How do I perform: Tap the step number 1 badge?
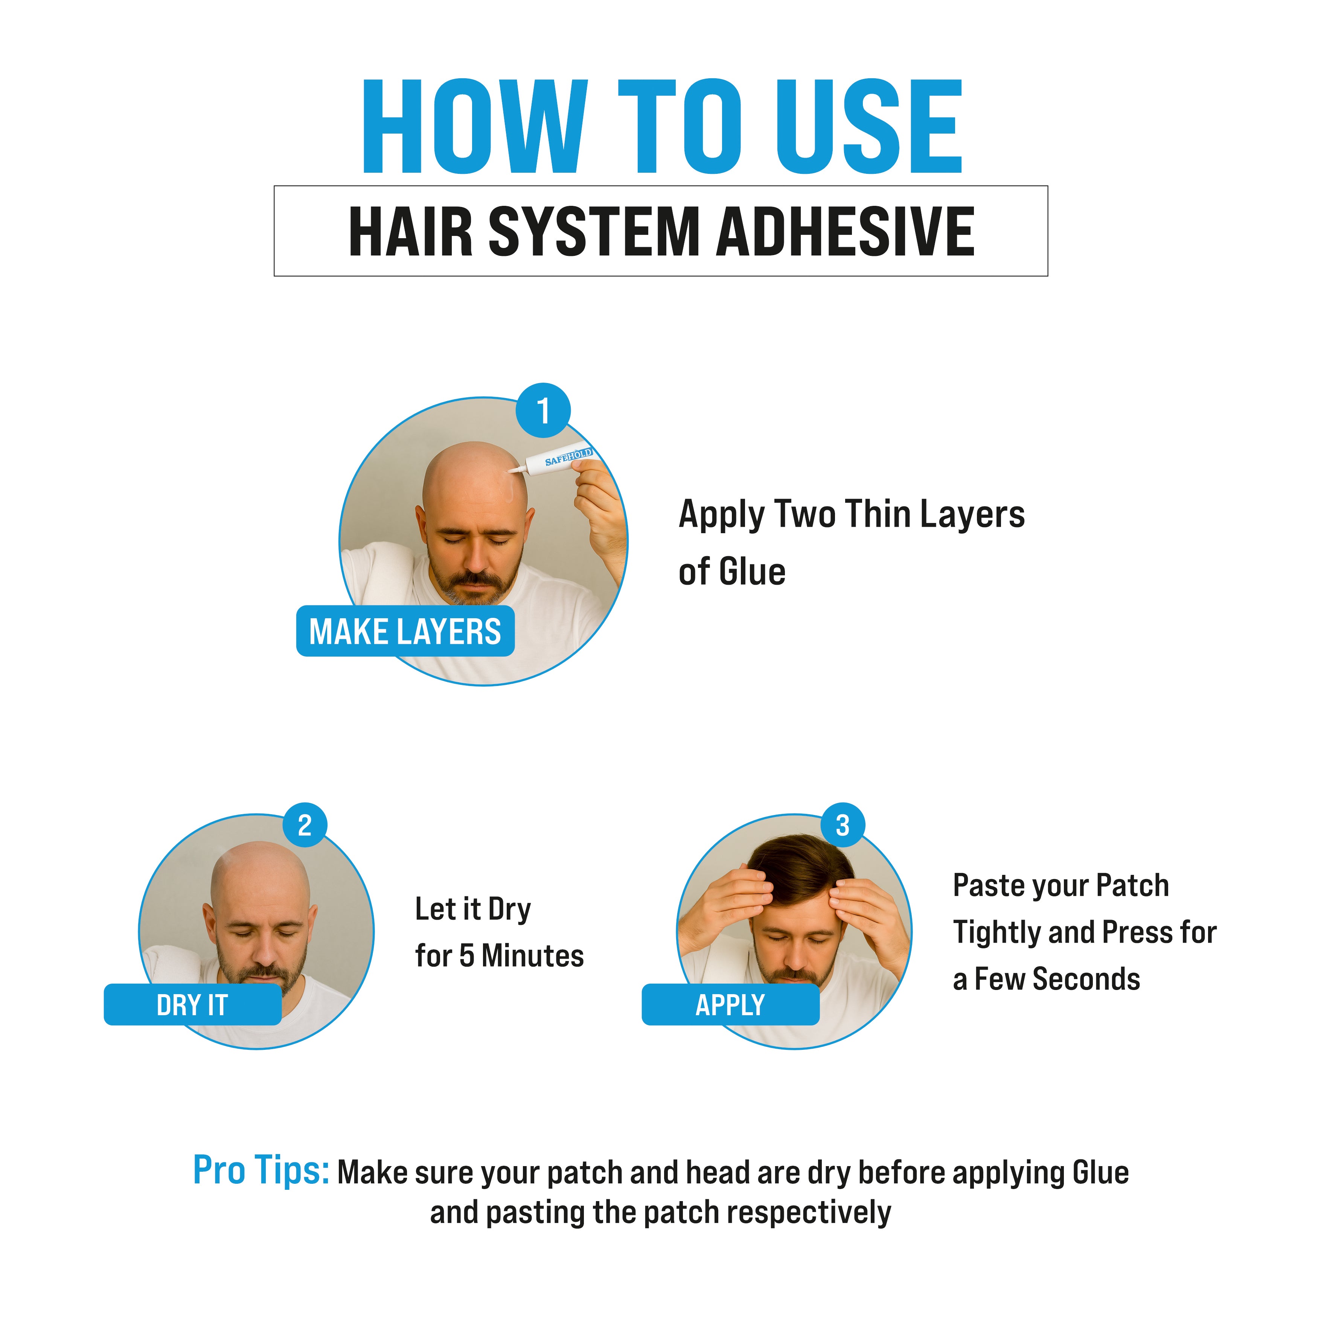(543, 410)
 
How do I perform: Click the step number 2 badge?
(305, 825)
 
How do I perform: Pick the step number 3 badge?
(843, 825)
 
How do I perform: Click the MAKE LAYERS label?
(405, 631)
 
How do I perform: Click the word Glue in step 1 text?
(752, 572)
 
